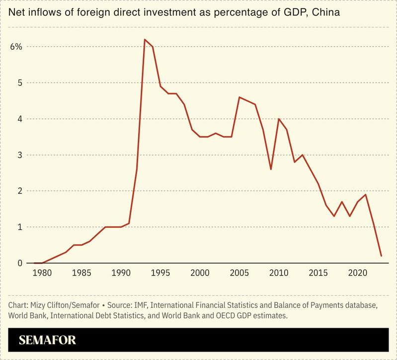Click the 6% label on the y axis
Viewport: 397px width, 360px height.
tap(15, 47)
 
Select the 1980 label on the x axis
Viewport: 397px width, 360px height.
tap(42, 273)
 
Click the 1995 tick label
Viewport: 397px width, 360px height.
tap(160, 273)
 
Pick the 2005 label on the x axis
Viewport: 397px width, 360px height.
tap(239, 273)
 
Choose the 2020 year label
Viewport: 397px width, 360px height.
tap(358, 273)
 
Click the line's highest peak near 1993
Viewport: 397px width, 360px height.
tap(145, 39)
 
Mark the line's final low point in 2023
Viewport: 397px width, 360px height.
tap(381, 256)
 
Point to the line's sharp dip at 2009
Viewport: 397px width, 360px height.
tap(271, 170)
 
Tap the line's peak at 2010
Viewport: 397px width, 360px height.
tap(279, 119)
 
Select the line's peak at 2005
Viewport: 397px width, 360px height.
tap(239, 97)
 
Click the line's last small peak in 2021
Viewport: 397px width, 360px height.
tap(366, 194)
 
